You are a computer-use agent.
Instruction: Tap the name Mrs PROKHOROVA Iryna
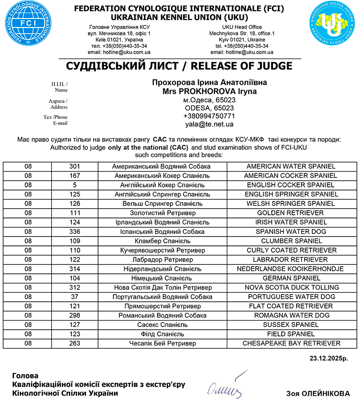pyautogui.click(x=210, y=91)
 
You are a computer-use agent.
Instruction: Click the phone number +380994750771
pyautogui.click(x=209, y=116)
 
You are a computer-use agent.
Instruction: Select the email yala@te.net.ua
pyautogui.click(x=209, y=124)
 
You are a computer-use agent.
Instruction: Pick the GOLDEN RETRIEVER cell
pyautogui.click(x=291, y=213)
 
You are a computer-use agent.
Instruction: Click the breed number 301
pyautogui.click(x=75, y=166)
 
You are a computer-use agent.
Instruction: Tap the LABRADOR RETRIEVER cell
pyautogui.click(x=291, y=260)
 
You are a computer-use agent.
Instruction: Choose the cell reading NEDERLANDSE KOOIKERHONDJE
pyautogui.click(x=291, y=269)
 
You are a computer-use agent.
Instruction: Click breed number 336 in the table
pyautogui.click(x=75, y=231)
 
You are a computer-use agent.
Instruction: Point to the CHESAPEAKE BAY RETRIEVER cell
pyautogui.click(x=291, y=343)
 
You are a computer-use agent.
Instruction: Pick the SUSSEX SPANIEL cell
pyautogui.click(x=291, y=325)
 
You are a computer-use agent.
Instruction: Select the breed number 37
pyautogui.click(x=75, y=297)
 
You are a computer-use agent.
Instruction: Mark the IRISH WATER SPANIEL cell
pyautogui.click(x=291, y=222)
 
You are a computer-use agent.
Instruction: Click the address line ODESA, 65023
pyautogui.click(x=209, y=108)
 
